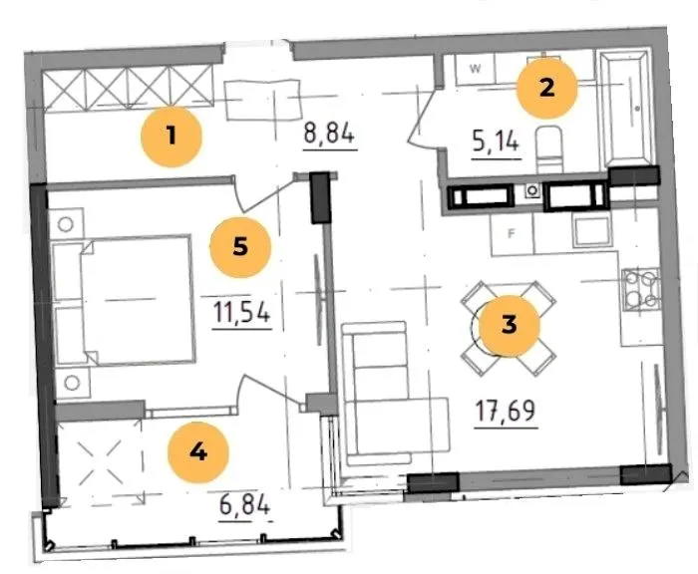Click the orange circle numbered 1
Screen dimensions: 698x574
[x=171, y=137]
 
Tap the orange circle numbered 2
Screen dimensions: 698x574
[x=547, y=88]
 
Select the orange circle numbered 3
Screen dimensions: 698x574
[x=510, y=325]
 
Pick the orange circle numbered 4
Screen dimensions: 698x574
[x=198, y=452]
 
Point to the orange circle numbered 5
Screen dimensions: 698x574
[x=240, y=247]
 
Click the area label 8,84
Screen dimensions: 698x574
[x=329, y=134]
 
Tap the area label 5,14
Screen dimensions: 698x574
[x=496, y=143]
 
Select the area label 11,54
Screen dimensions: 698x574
[x=241, y=312]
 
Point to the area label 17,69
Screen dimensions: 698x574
[x=506, y=411]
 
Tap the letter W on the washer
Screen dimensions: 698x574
[x=476, y=69]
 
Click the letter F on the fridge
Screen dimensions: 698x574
[x=512, y=233]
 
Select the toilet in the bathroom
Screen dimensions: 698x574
[x=548, y=149]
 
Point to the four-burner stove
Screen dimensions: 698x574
[x=640, y=290]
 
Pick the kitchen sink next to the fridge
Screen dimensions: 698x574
[x=591, y=231]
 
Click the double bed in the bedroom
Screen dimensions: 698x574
[x=124, y=300]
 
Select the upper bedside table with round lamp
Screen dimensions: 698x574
[x=66, y=224]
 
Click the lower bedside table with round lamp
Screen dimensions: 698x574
[x=73, y=383]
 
